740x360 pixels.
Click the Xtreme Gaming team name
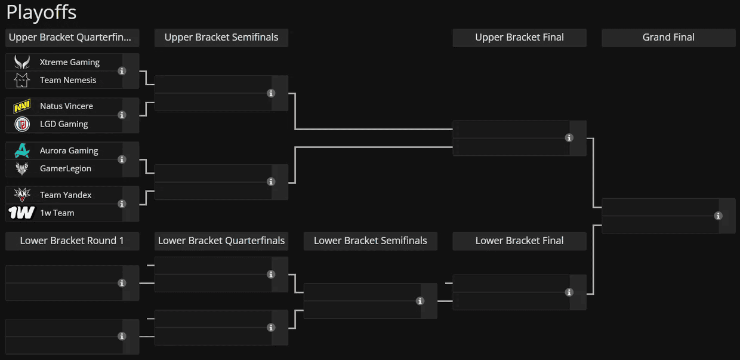coord(69,62)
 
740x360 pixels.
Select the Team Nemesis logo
coord(22,80)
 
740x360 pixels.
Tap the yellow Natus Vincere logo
coord(22,106)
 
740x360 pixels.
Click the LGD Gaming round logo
coord(22,124)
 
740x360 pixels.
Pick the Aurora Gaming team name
coord(69,150)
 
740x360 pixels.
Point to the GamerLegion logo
coord(22,168)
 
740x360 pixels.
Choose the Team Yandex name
coord(66,195)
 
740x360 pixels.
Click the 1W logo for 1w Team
coord(21,213)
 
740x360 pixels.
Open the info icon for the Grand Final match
coord(718,216)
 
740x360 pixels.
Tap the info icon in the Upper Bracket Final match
coord(569,138)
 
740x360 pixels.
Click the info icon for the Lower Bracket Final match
coord(569,292)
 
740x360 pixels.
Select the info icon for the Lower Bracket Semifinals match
coord(420,301)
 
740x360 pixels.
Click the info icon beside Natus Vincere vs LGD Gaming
coord(122,115)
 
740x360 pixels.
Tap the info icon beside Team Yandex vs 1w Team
coord(122,204)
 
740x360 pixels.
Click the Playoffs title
coord(41,13)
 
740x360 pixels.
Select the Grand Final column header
coord(668,38)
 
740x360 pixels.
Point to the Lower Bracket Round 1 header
coord(72,241)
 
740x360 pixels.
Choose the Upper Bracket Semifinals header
coord(221,38)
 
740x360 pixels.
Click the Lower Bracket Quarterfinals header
coord(221,241)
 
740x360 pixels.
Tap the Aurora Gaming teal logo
coord(22,150)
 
